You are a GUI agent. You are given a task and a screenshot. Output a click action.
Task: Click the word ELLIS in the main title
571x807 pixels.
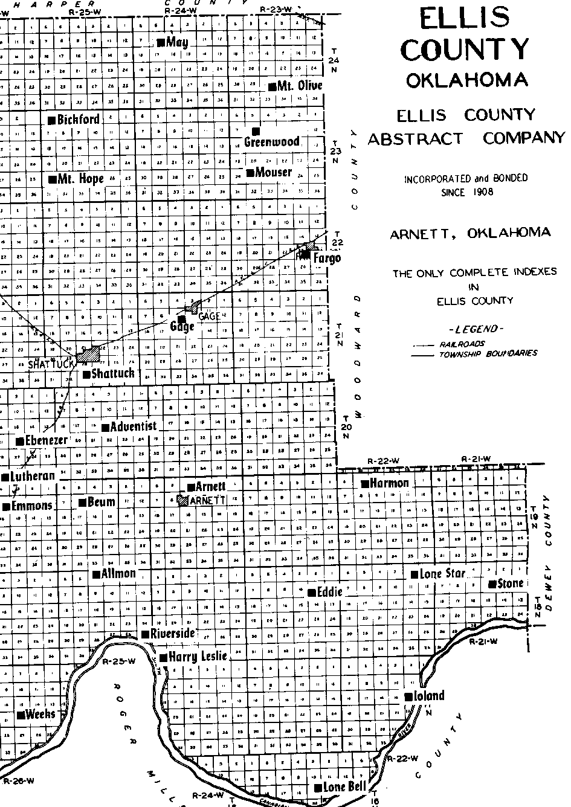coord(465,19)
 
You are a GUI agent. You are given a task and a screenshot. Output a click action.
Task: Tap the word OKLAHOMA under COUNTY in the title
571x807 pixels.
coord(466,80)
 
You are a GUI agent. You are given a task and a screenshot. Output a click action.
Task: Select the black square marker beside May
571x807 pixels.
coord(161,42)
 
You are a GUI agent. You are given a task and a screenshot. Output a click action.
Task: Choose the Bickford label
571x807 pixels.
coord(78,119)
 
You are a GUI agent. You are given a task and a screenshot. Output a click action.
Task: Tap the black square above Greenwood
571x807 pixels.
coord(256,130)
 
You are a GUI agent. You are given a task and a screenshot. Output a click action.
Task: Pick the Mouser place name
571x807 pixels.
coord(273,172)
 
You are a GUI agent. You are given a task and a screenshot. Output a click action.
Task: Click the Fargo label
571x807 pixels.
coord(327,259)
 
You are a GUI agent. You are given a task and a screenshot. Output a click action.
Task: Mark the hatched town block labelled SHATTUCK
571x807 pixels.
coord(88,353)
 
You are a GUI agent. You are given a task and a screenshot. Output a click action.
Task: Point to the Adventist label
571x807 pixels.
coord(134,426)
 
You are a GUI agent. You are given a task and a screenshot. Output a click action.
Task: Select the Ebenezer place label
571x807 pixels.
coord(47,440)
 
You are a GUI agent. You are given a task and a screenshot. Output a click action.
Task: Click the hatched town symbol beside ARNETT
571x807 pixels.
coord(182,500)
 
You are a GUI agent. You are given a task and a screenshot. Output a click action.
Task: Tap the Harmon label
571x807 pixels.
coord(389,483)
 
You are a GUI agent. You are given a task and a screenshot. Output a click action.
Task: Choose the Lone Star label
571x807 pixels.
coord(442,574)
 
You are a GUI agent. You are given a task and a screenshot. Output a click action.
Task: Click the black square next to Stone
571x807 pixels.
coord(492,584)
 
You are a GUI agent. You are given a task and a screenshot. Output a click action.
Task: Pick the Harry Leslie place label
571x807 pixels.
coord(197,657)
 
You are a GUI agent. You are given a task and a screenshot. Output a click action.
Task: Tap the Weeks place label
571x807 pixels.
coord(40,715)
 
